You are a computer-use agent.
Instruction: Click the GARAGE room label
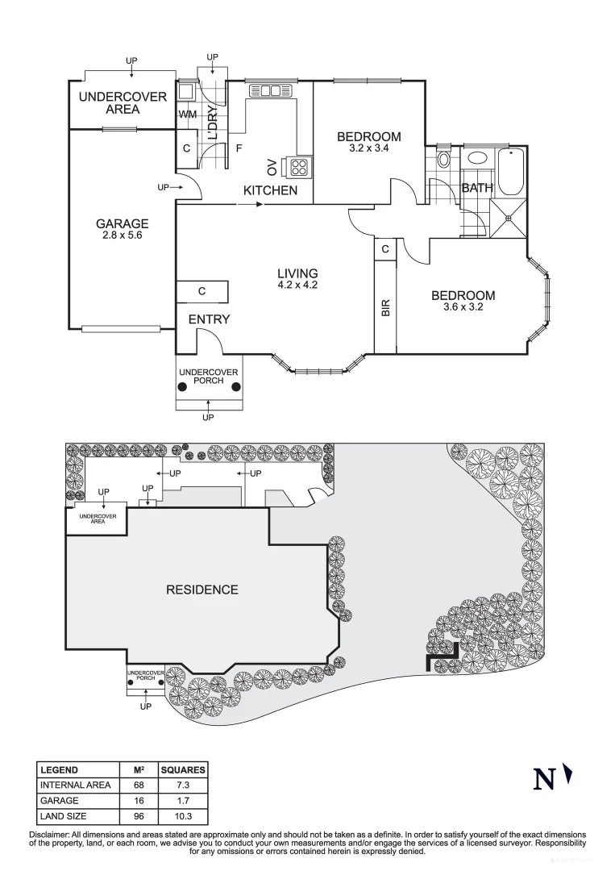click(123, 223)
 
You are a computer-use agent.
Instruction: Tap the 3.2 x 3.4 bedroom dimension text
click(368, 148)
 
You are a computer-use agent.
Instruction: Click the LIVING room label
click(297, 273)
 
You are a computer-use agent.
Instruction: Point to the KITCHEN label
click(271, 191)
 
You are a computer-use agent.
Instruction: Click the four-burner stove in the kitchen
click(299, 168)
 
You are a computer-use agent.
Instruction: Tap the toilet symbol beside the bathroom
click(443, 159)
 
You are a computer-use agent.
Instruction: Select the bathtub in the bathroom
click(512, 172)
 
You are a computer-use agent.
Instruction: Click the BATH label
click(476, 189)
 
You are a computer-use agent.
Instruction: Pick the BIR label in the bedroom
click(385, 307)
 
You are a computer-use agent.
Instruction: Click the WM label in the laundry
click(187, 115)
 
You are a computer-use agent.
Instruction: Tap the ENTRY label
click(209, 319)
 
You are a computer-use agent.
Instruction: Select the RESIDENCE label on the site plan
click(202, 590)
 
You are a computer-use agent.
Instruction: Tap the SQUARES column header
click(182, 770)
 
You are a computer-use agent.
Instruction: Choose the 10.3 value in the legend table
click(182, 816)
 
